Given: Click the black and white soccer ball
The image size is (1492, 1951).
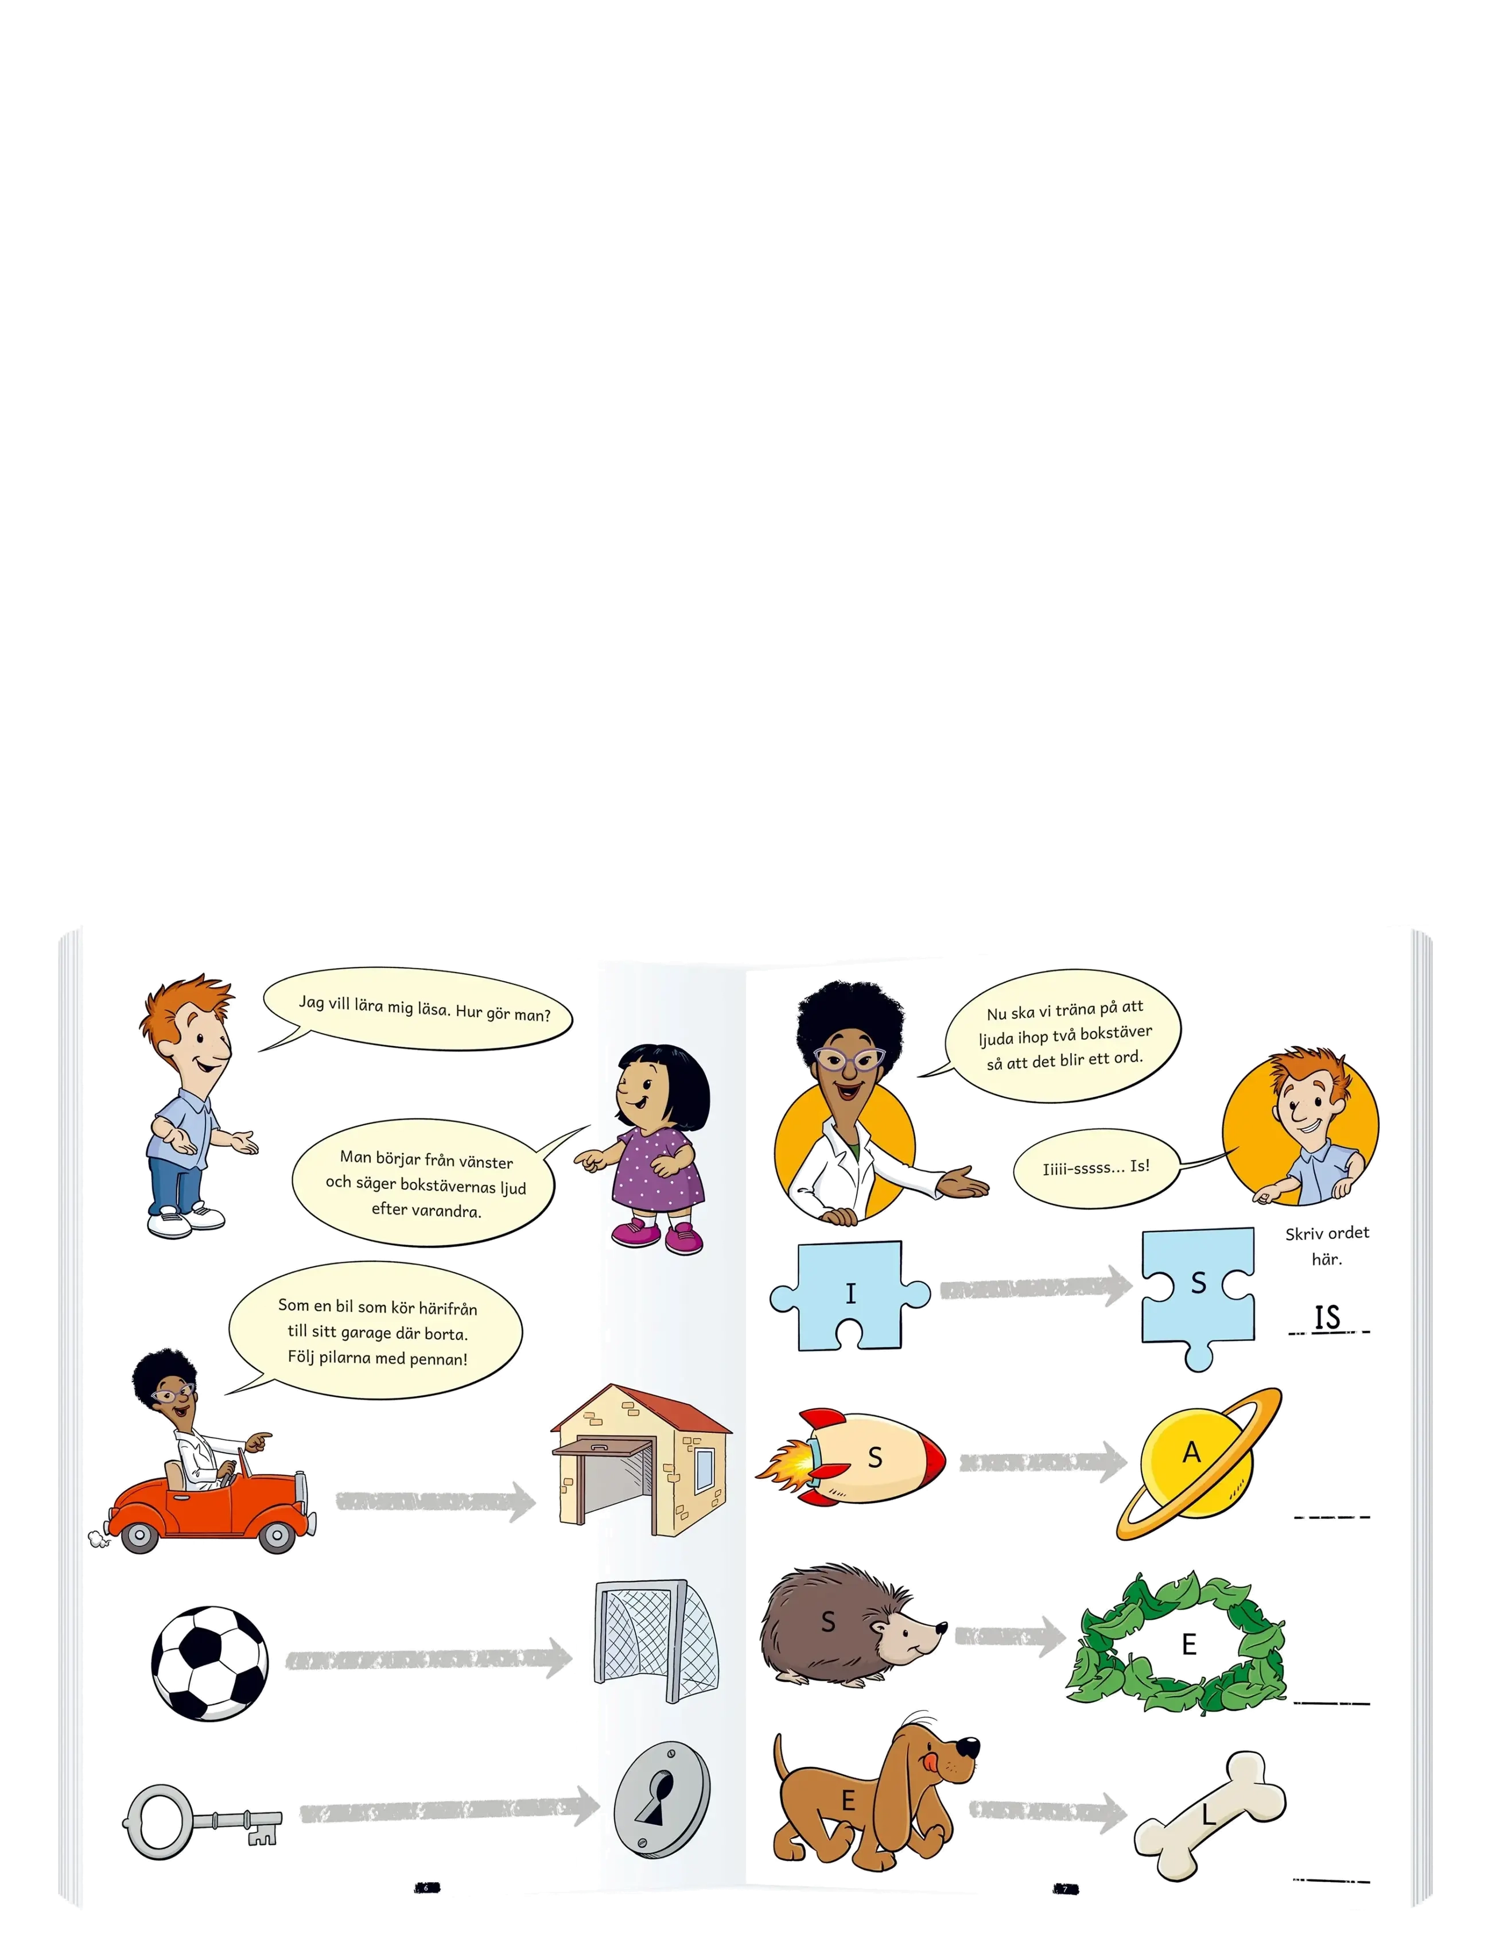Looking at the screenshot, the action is (209, 1662).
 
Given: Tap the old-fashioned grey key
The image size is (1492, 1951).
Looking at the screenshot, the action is (201, 1821).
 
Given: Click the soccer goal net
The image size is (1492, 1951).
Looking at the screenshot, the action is (656, 1641).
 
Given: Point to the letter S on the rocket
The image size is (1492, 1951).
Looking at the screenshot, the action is (875, 1458).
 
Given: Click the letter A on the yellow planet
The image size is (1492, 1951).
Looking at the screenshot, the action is (1191, 1452).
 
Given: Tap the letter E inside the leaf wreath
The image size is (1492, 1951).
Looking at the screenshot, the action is (1189, 1644).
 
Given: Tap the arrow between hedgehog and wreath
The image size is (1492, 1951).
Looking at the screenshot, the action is (1010, 1636).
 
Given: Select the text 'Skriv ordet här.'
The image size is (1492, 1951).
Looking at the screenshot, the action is (1327, 1245).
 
